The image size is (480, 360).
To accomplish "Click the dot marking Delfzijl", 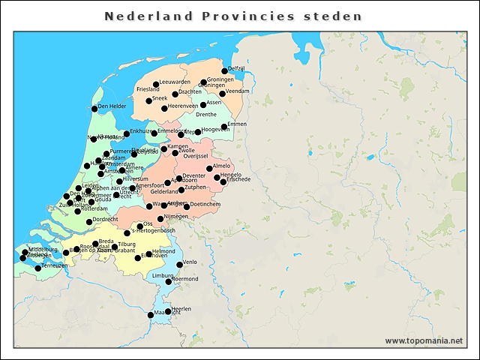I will pos(225,70).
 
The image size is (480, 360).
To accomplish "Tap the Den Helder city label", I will pos(112,106).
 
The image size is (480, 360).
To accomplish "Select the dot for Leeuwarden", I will pos(156,84).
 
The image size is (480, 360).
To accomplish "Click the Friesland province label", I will pos(148,89).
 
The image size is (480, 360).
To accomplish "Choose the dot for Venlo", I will pos(180,264).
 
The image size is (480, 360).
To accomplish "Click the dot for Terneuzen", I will pos(38,268).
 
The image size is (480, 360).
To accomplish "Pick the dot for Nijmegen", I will pos(169,217).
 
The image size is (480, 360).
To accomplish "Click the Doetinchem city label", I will pos(205,204).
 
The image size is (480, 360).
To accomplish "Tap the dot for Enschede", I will pos(223,181).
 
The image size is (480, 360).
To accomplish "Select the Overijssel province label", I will pos(200,156).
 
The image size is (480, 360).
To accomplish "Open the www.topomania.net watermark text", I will pos(424,340).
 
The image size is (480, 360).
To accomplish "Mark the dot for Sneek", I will pos(148,100).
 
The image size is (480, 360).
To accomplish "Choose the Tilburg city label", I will pos(126,244).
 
